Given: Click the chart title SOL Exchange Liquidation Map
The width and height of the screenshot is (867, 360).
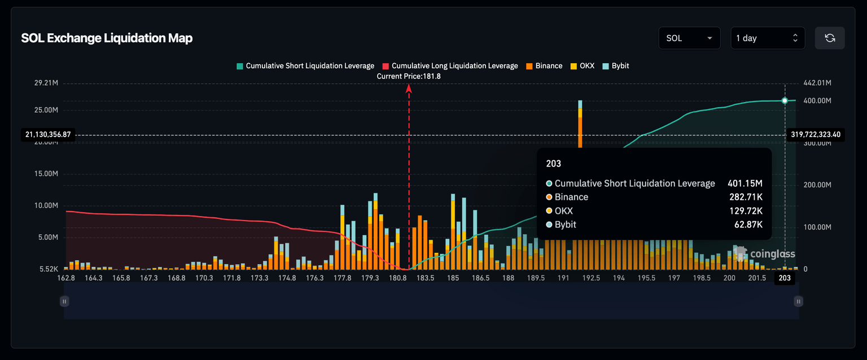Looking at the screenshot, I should click(107, 38).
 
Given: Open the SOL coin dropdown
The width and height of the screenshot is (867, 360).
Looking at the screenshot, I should click(689, 38).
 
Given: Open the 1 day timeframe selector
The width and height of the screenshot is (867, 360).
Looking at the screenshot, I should click(768, 38).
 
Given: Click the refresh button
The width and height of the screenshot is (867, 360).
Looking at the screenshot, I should click(830, 38).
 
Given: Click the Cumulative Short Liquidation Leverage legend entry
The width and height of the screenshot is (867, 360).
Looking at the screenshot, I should click(305, 66).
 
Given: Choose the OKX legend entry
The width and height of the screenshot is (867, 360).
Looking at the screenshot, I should click(582, 66).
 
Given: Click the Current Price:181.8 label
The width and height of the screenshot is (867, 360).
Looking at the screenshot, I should click(409, 76).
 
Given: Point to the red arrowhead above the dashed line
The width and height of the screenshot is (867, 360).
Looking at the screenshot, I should click(409, 88).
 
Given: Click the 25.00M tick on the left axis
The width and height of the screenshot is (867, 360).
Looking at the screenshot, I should click(46, 110).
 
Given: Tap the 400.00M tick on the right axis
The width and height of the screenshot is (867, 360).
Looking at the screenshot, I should click(817, 101).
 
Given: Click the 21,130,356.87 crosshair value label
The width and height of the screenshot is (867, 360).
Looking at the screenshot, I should click(48, 134).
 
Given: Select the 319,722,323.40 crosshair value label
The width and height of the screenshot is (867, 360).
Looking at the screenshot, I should click(816, 134).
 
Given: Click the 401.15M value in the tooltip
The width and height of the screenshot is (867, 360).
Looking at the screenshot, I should click(745, 183).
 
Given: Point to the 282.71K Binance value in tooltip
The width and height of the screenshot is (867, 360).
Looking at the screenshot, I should click(746, 197).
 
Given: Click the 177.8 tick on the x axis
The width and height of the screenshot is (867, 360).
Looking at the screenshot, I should click(343, 278).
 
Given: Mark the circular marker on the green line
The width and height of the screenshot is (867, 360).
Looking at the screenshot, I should click(785, 100).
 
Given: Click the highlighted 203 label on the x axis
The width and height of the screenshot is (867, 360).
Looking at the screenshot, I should click(785, 278).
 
